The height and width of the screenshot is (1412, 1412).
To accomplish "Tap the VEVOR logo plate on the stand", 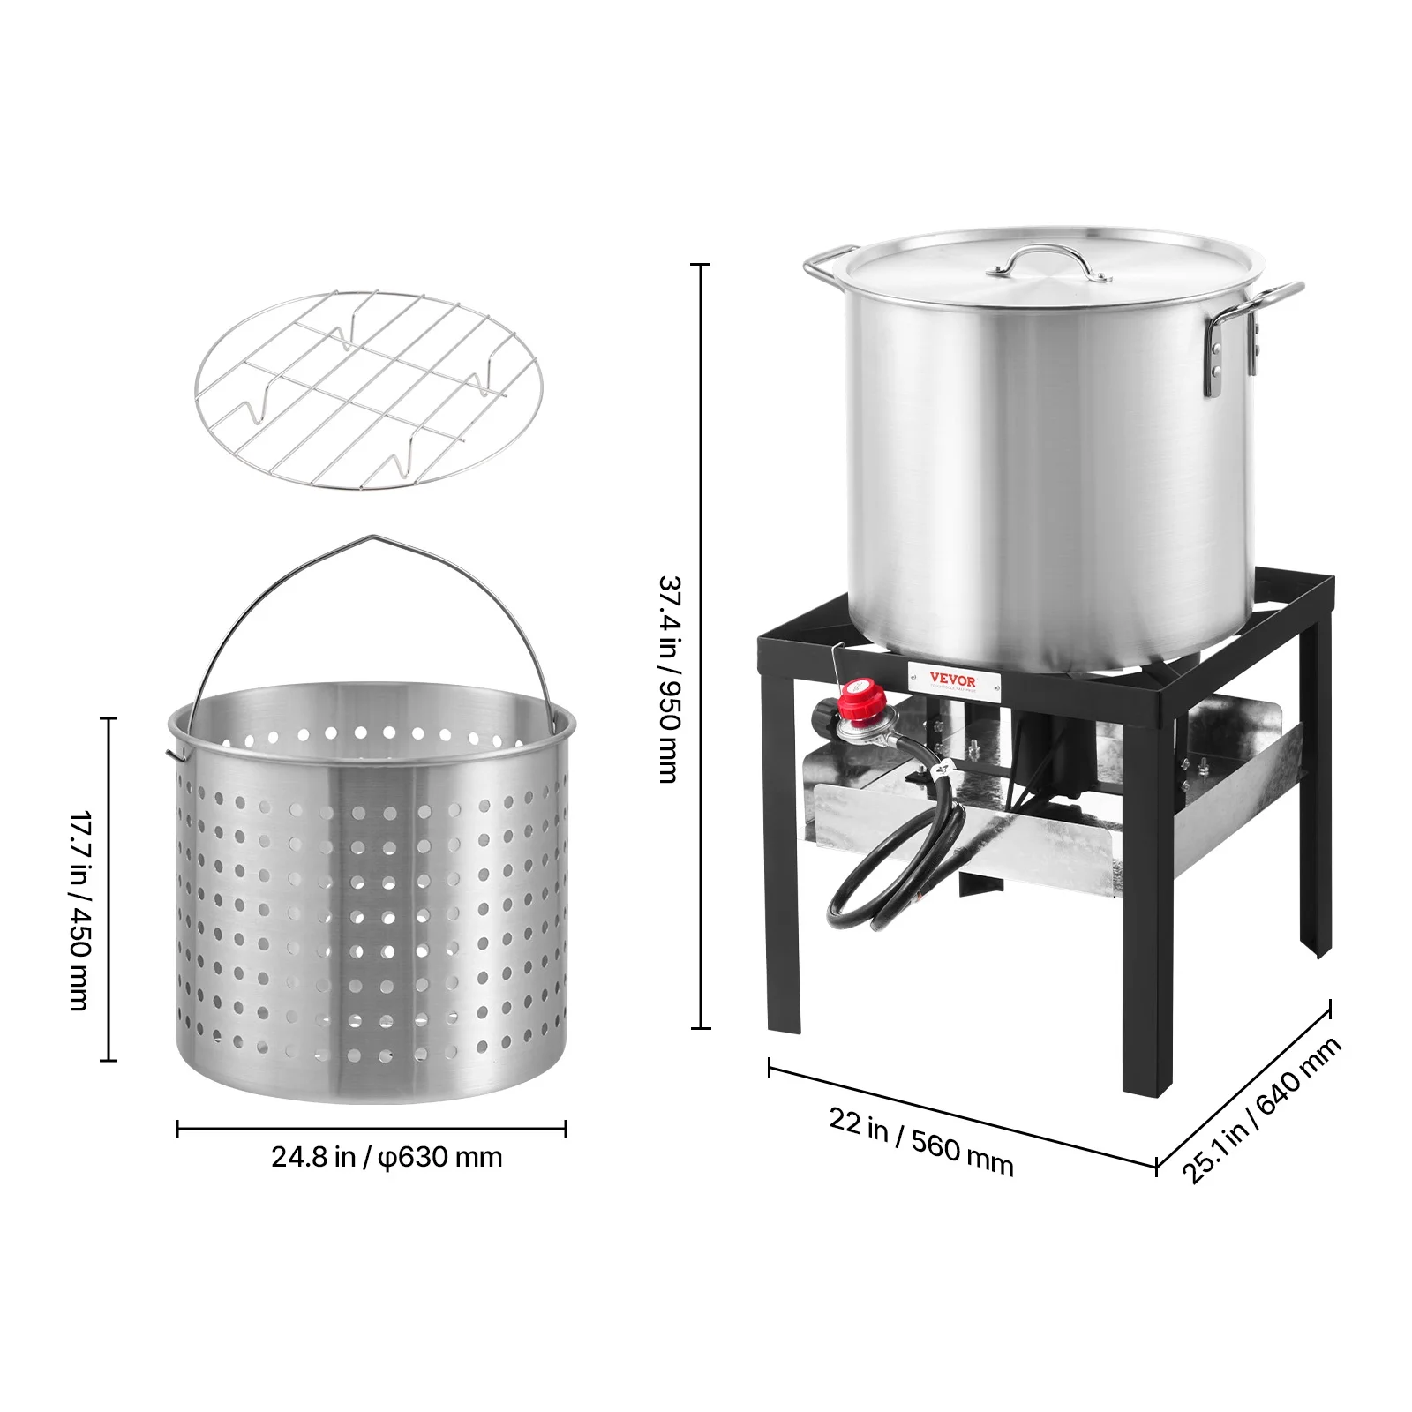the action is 953,681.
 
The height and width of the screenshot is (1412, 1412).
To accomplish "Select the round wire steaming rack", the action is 369,389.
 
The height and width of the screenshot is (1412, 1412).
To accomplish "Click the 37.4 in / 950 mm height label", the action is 670,679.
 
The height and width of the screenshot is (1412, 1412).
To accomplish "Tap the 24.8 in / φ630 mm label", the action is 387,1157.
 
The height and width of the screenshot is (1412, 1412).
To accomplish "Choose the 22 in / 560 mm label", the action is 920,1142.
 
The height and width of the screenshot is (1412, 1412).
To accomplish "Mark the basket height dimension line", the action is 110,889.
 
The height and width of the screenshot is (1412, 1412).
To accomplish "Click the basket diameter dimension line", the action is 372,1129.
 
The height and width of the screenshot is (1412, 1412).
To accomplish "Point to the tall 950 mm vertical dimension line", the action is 701,645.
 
